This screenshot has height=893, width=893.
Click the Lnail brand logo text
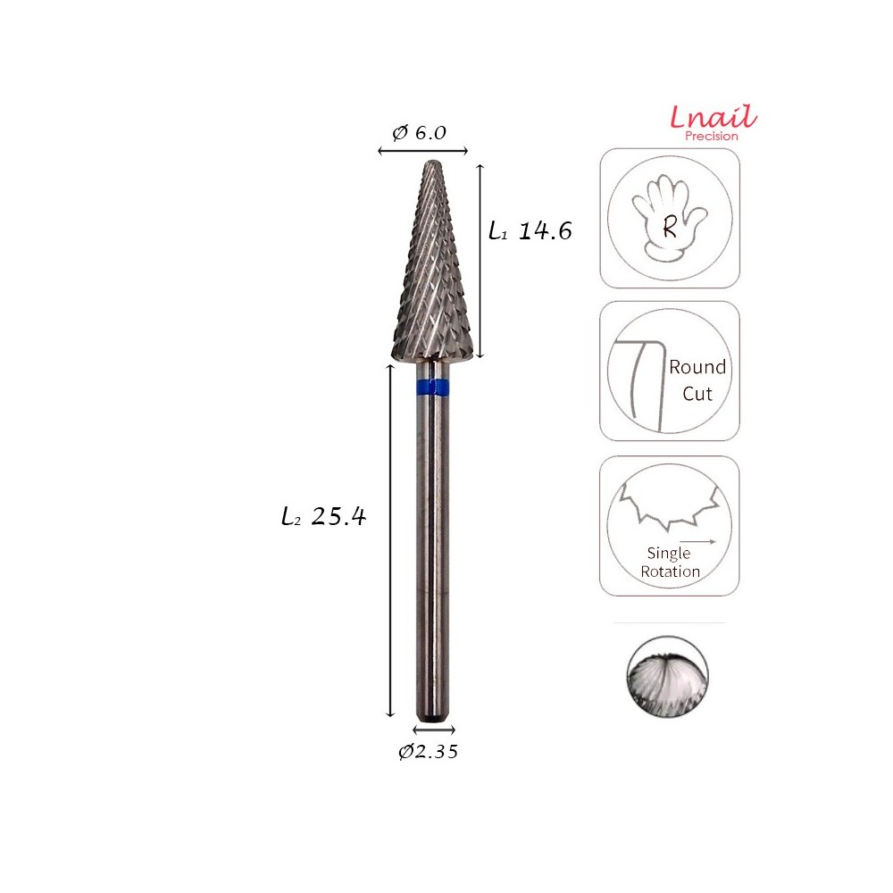point(714,117)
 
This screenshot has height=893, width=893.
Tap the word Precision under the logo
point(712,137)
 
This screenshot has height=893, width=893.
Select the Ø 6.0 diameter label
point(419,133)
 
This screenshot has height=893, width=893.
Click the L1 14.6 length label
point(530,231)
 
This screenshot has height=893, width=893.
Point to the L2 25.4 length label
point(323,517)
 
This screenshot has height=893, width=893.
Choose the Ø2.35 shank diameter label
point(428,752)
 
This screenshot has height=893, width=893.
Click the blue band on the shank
point(433,387)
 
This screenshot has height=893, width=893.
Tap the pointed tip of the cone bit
point(433,166)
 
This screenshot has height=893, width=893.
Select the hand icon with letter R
point(669,219)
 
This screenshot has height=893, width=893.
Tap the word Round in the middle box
point(697,367)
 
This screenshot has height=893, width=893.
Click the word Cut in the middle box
point(697,393)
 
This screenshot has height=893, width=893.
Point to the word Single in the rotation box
point(669,554)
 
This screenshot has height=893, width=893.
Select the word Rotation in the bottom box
point(670,572)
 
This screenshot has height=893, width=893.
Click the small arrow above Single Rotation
point(697,540)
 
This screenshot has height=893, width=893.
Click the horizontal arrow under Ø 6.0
point(423,151)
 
